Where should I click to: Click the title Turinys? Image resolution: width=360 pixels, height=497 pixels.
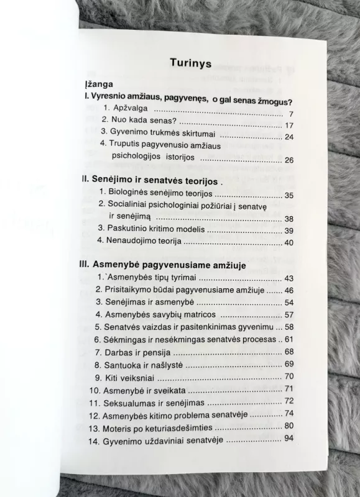point(190,63)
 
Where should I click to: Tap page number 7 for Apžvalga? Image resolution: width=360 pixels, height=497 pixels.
point(290,115)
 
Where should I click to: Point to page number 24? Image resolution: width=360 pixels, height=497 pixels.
point(288,137)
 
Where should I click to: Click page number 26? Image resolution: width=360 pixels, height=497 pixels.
point(288,160)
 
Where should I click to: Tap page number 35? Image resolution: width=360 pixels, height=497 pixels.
point(288,196)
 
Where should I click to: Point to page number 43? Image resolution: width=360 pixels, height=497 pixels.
point(288,278)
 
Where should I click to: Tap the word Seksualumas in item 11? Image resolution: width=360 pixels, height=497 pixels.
point(126,402)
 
